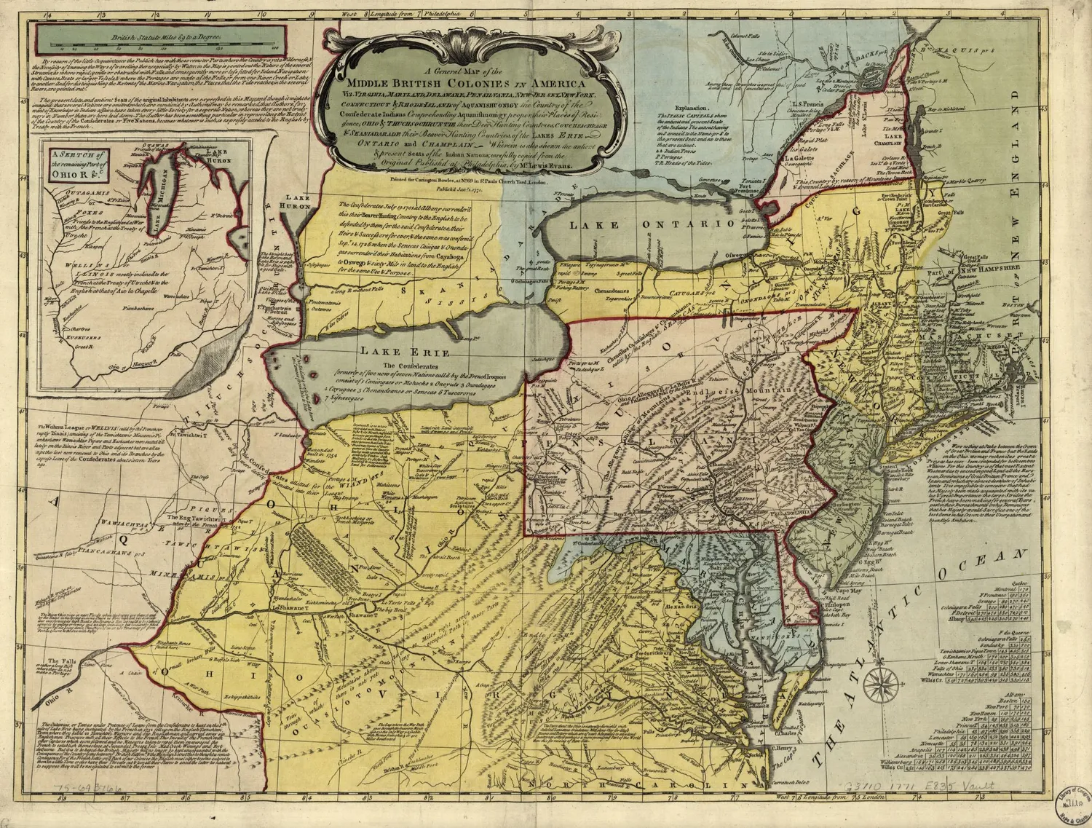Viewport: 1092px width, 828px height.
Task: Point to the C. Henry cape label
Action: pyautogui.click(x=782, y=748)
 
